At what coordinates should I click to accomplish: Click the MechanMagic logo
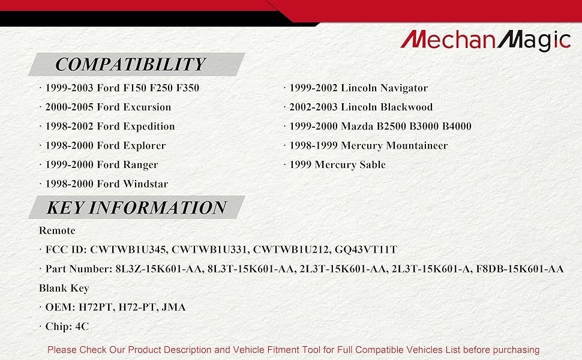[x=485, y=40]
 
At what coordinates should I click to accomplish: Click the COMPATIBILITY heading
[x=130, y=64]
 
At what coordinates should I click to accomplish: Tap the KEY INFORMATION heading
[x=136, y=208]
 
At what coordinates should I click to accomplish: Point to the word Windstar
[x=145, y=184]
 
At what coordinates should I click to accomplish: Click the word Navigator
[x=404, y=88]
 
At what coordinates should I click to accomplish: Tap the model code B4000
[x=457, y=126]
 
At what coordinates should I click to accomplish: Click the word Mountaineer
[x=417, y=145]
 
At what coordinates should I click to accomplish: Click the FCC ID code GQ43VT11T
[x=366, y=250]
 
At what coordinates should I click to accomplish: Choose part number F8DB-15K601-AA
[x=520, y=269]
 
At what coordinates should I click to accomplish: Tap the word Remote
[x=57, y=230]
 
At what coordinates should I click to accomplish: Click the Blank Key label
[x=64, y=289]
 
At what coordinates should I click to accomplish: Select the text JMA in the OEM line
[x=174, y=307]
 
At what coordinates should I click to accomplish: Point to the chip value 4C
[x=82, y=326]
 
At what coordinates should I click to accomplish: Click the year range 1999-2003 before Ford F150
[x=69, y=88]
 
